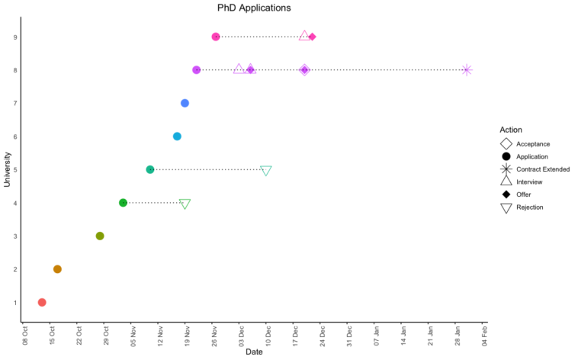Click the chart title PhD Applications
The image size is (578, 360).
pyautogui.click(x=254, y=8)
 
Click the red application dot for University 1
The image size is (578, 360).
pyautogui.click(x=42, y=303)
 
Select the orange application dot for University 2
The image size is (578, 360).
pyautogui.click(x=57, y=269)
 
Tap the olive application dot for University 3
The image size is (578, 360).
pyautogui.click(x=100, y=236)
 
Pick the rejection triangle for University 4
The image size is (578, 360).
pyautogui.click(x=185, y=204)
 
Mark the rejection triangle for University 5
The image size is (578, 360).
pyautogui.click(x=266, y=171)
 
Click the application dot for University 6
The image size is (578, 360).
pyautogui.click(x=177, y=137)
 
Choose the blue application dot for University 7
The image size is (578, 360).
pyautogui.click(x=185, y=103)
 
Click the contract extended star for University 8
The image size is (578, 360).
pyautogui.click(x=467, y=70)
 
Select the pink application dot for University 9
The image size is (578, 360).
pyautogui.click(x=216, y=37)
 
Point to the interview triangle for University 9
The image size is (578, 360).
pyautogui.click(x=305, y=36)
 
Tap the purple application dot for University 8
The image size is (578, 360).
pyautogui.click(x=197, y=70)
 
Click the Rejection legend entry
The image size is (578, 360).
pyautogui.click(x=529, y=207)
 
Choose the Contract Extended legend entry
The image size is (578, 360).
pyautogui.click(x=542, y=169)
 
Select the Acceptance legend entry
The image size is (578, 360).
pyautogui.click(x=532, y=143)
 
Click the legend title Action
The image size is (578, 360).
pyautogui.click(x=511, y=130)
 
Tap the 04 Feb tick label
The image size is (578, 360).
pyautogui.click(x=483, y=336)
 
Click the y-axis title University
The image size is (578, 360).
pyautogui.click(x=8, y=169)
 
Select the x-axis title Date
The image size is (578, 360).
pyautogui.click(x=254, y=352)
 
